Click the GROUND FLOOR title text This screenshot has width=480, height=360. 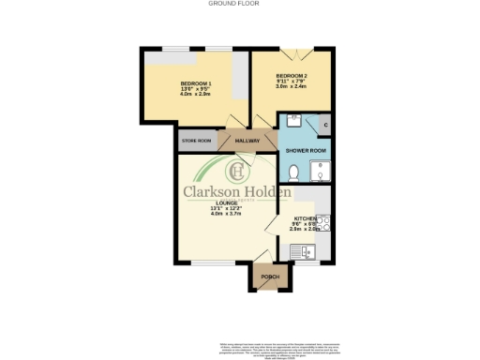point(239,4)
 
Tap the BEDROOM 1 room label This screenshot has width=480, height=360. point(195,83)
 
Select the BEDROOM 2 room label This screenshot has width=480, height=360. point(291,75)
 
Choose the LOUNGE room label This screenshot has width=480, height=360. point(225,202)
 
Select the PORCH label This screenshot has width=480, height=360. point(270,277)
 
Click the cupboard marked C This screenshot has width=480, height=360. point(324,125)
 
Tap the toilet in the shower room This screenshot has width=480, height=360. point(293,172)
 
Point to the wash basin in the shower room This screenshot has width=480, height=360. point(291,121)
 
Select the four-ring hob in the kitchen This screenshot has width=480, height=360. point(322,223)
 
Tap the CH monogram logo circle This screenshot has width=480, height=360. point(238,172)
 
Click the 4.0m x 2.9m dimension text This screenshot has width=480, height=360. point(195,95)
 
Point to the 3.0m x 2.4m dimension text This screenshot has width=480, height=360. point(291,86)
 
